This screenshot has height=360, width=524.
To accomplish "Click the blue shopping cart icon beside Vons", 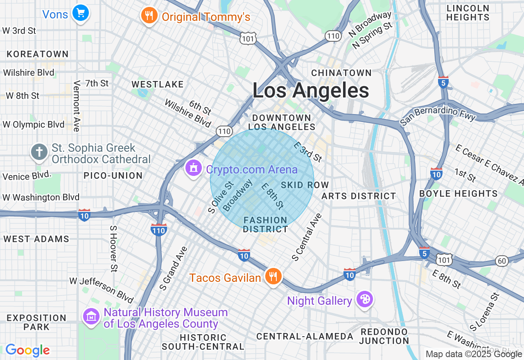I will pos(81,13).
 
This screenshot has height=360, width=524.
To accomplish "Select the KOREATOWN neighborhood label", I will pos(38,54).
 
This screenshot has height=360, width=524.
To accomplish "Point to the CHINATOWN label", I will pos(341,73).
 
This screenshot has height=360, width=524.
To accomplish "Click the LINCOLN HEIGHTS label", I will pos(468,13).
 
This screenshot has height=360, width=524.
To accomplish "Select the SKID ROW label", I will pos(305,185).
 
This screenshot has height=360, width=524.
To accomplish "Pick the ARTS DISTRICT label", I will pos(359,196).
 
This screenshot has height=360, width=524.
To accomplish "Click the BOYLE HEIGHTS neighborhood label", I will pos(458,193).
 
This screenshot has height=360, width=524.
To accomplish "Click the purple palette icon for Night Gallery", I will pos(364,300).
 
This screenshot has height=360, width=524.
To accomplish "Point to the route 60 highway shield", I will pos(501,261).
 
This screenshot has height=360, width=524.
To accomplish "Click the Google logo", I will pos(27,350).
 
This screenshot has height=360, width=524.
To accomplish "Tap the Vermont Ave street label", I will pos(77,106).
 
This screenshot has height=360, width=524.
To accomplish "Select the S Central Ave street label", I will pos(307,237).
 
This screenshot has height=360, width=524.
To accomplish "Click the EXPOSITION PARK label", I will pos(36,322).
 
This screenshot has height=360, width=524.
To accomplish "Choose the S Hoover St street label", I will pos(113,248).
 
